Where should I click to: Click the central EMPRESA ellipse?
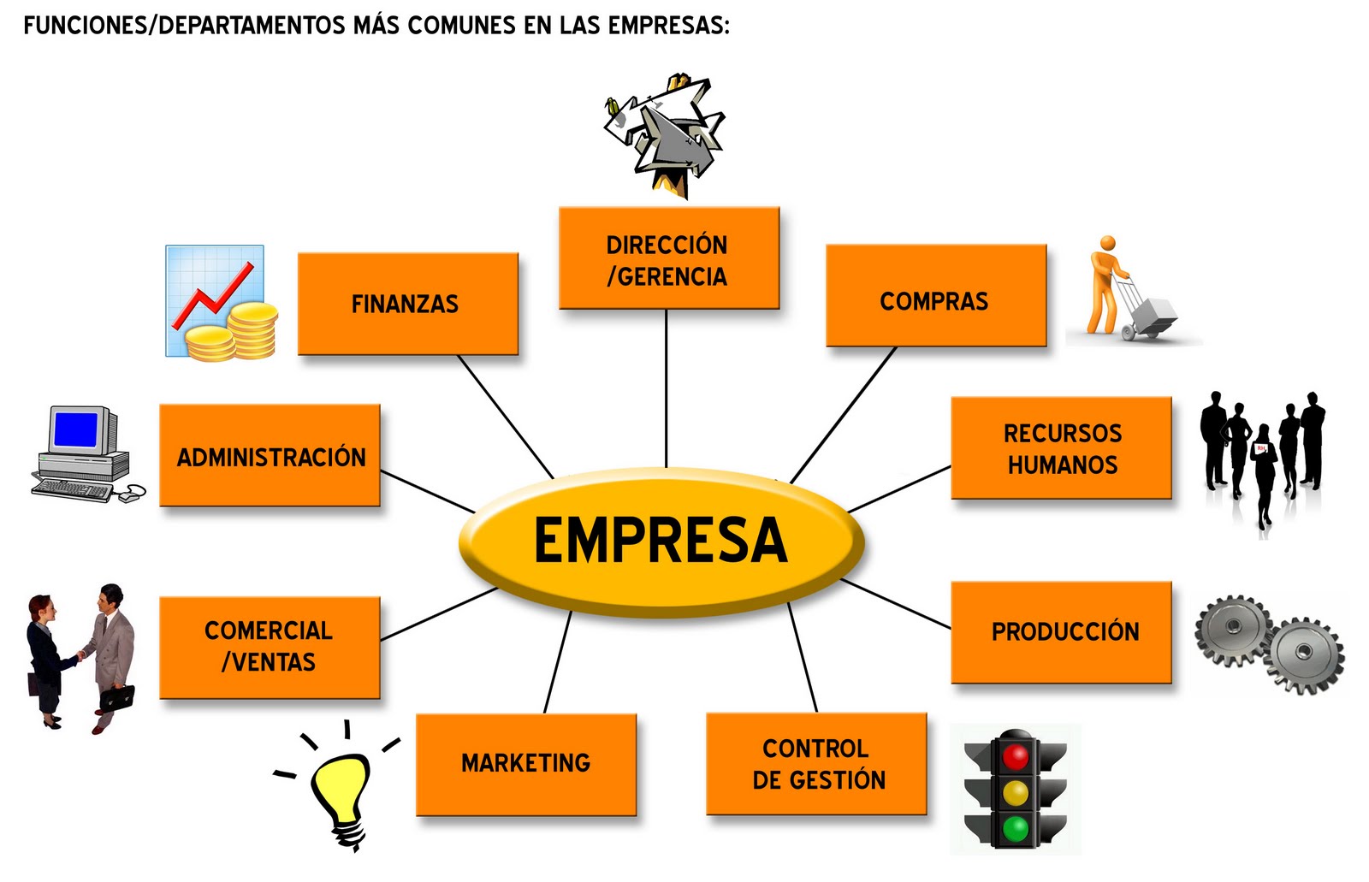click(661, 542)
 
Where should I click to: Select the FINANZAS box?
click(407, 304)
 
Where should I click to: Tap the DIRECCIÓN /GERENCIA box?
click(668, 258)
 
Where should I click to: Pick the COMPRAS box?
click(935, 296)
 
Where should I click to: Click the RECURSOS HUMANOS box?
click(1061, 448)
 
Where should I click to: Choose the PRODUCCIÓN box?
click(1061, 632)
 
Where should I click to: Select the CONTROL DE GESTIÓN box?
click(816, 764)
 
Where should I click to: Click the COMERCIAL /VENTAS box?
click(270, 648)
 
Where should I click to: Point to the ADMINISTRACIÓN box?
click(270, 456)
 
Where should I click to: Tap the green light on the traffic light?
click(1016, 827)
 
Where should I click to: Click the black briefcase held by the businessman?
click(116, 696)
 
